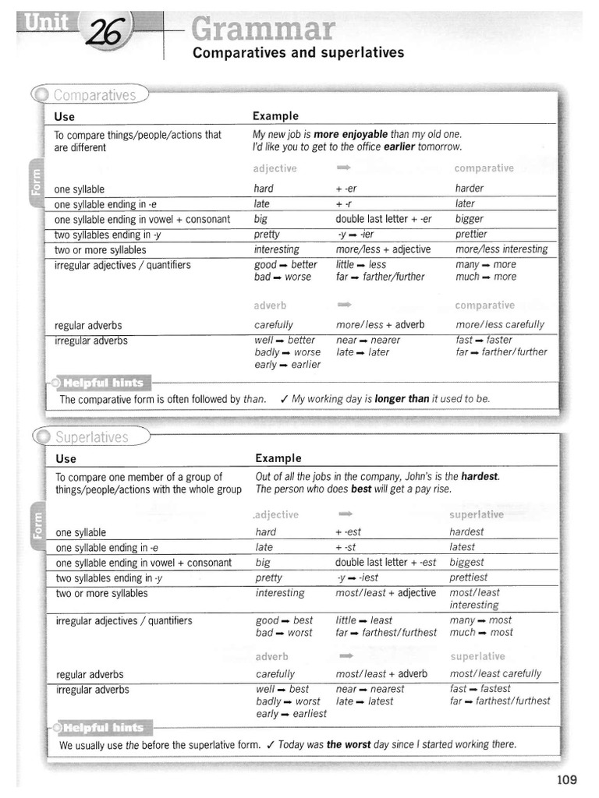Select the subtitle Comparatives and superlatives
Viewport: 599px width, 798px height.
tap(298, 53)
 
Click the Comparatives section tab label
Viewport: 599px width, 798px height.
tap(95, 95)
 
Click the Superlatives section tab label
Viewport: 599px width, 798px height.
tap(91, 437)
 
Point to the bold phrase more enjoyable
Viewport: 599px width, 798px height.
tap(350, 134)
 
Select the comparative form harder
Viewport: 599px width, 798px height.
tap(470, 189)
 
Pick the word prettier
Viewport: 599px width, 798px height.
tap(471, 234)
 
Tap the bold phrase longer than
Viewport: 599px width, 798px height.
tap(402, 399)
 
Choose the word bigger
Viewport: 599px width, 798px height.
tap(470, 219)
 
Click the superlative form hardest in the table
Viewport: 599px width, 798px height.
tap(466, 531)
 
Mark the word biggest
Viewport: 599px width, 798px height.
tap(466, 562)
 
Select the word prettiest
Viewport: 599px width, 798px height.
tap(469, 577)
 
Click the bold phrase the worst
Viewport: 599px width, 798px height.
tap(348, 744)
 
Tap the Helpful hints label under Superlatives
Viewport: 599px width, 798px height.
tap(103, 728)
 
